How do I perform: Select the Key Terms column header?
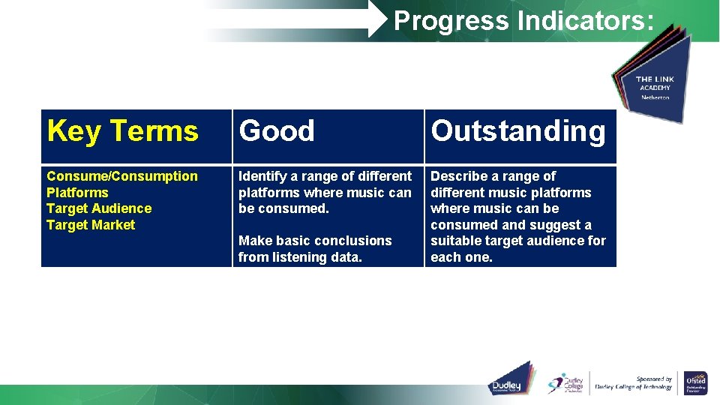122,131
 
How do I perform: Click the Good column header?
277,131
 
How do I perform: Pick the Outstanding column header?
517,131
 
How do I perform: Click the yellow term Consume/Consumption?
122,176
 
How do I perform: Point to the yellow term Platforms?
77,193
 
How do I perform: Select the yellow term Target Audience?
99,208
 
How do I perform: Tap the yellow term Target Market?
91,225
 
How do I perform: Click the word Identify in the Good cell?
262,176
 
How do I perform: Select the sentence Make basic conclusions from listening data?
315,249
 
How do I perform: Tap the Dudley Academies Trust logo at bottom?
510,379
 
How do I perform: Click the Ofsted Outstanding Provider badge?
695,382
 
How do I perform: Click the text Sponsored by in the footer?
653,379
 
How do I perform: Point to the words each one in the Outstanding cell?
461,257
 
